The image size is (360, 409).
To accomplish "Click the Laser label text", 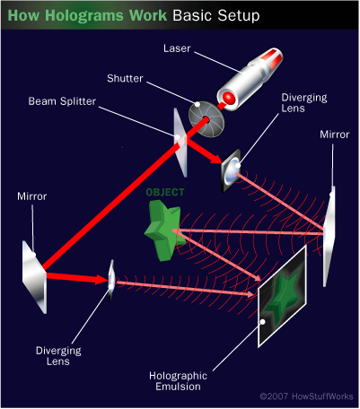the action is click(x=177, y=48).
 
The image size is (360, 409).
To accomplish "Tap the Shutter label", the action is click(x=125, y=78).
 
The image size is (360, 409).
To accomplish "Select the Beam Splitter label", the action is click(x=62, y=101).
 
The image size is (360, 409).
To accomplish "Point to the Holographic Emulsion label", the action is click(x=178, y=381).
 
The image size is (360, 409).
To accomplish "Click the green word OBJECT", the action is click(x=165, y=192).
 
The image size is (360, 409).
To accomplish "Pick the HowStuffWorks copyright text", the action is click(x=306, y=396).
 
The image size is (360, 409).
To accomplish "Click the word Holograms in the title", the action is click(x=84, y=15).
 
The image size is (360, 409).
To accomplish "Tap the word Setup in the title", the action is click(x=239, y=15).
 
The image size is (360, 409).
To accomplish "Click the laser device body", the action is click(x=250, y=79).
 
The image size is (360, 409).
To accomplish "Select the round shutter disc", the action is click(x=206, y=119).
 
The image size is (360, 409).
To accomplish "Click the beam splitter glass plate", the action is click(x=180, y=143).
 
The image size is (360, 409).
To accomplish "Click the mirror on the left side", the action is click(x=34, y=277).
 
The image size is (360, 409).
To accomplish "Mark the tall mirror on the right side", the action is click(x=329, y=236).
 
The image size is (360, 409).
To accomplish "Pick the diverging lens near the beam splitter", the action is click(x=231, y=170).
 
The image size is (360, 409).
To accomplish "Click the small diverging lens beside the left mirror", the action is click(x=111, y=281).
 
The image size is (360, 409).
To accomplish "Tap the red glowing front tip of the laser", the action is click(x=229, y=98).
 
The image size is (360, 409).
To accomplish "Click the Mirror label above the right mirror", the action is click(x=335, y=135).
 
